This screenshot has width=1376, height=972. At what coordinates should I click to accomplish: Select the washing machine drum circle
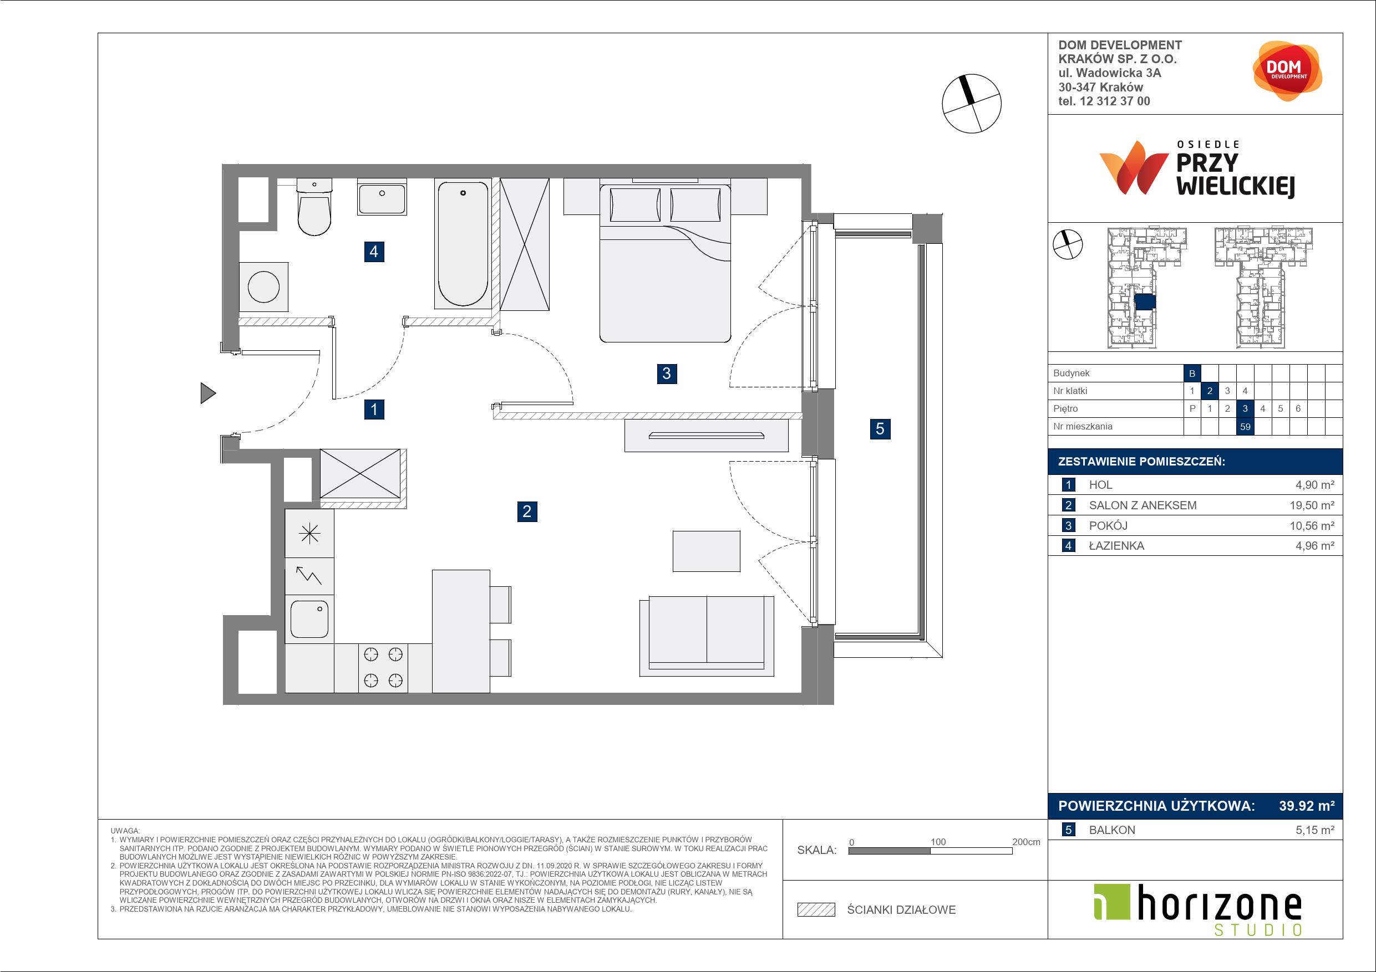coord(263,287)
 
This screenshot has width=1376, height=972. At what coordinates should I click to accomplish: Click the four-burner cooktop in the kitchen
coord(383,667)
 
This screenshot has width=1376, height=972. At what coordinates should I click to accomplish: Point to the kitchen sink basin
coord(309,619)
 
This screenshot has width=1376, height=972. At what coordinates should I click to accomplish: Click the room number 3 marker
coord(667,374)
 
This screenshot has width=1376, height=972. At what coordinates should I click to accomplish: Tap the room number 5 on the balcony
coord(880,428)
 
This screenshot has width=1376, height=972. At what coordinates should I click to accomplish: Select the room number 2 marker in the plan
coord(527,511)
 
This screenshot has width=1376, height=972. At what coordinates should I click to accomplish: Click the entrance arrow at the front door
coord(208,393)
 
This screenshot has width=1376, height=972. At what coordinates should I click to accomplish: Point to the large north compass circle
coord(972,103)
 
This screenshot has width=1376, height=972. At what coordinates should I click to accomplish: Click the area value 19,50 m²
coord(1312,505)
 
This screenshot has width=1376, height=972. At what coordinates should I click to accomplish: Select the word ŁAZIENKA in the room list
coord(1116,546)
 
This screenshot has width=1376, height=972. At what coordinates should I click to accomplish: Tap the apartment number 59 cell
coord(1245,426)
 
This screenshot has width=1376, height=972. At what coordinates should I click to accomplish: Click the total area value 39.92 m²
coord(1307,806)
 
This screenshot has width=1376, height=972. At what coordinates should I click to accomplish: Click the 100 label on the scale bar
coord(938,841)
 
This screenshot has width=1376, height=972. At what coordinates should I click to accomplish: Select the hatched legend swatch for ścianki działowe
coord(816,910)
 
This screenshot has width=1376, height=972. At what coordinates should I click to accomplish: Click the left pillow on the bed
coord(635,205)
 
